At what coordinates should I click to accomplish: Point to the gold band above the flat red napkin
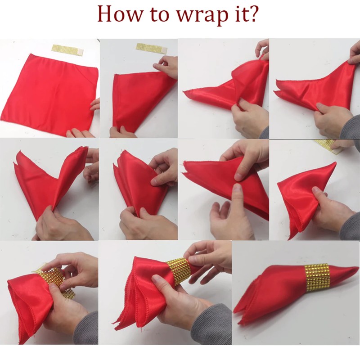68,49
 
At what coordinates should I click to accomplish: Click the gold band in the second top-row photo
152,48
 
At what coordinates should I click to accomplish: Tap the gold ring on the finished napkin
317,277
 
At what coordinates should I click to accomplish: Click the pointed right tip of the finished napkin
358,267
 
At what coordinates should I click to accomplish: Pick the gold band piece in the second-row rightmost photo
329,146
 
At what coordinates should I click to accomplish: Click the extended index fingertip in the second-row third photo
238,189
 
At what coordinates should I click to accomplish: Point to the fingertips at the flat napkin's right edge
95,104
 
